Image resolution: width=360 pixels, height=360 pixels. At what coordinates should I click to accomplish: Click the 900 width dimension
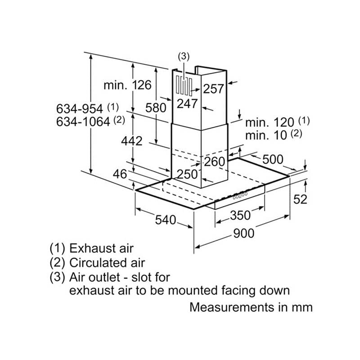(243, 234)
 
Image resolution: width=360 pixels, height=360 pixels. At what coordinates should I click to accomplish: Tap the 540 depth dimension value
(166, 220)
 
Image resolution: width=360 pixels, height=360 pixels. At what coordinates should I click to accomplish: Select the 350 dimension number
(240, 216)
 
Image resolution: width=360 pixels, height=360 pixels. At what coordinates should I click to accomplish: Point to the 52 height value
(300, 199)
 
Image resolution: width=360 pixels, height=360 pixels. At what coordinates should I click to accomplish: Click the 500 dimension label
(273, 159)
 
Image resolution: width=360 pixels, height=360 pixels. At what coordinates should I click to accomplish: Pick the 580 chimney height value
(156, 108)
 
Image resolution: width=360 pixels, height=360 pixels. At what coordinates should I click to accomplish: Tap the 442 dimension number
(132, 141)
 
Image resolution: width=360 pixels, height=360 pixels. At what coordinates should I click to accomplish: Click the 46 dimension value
(120, 174)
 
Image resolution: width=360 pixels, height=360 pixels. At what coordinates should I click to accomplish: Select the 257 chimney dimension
(213, 89)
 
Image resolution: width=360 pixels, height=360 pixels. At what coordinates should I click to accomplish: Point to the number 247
(187, 103)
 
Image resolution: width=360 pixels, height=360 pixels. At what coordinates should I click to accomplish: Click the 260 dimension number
(215, 162)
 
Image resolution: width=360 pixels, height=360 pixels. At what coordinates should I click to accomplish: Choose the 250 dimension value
(187, 174)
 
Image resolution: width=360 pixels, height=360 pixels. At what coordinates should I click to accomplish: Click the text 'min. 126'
(127, 85)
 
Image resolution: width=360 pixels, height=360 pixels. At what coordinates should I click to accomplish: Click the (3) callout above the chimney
(184, 57)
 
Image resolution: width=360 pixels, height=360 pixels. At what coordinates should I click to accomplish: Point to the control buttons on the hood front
(240, 195)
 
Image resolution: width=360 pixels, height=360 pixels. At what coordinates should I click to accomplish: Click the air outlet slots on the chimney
(184, 86)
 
